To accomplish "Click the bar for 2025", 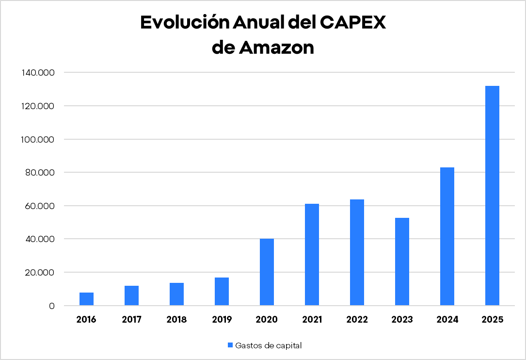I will point(492,196).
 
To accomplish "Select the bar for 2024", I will point(447,236).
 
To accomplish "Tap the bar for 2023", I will point(402,262).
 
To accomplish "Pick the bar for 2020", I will point(267,272).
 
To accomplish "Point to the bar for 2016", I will point(86,299).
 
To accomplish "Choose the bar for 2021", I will point(312,255).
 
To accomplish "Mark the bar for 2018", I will point(176,294).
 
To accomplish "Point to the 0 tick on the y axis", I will point(51,306).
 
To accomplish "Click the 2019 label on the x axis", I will point(222,320).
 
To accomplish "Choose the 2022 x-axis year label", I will point(357,320).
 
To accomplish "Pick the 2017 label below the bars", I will point(131,320).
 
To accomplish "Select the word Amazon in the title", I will point(277,48).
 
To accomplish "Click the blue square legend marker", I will point(230,345).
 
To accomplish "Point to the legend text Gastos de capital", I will point(268,345).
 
